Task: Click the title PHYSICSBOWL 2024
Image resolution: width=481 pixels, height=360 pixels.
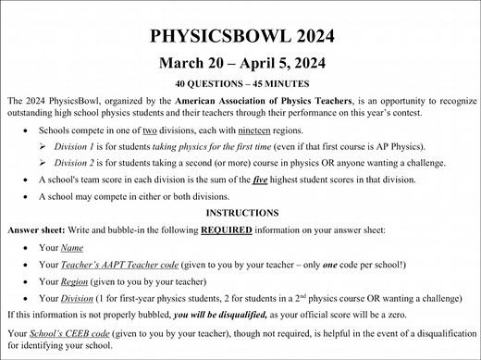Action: (x=240, y=37)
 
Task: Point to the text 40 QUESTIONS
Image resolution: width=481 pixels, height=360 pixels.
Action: (x=205, y=83)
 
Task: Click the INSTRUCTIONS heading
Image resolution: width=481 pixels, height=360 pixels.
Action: (x=240, y=211)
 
